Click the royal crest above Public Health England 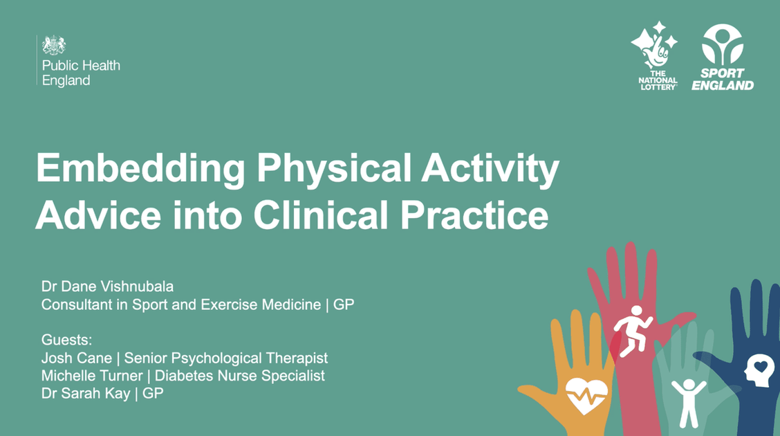click(x=54, y=45)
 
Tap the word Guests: click(x=66, y=340)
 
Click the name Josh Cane click(x=73, y=358)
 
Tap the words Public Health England click(x=81, y=73)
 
